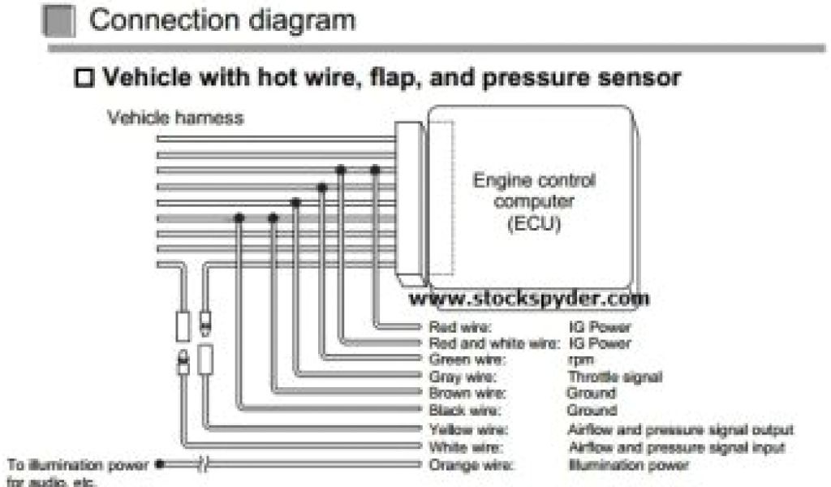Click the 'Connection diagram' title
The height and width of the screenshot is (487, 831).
coord(222,19)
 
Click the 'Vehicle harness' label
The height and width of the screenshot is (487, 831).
coord(175,118)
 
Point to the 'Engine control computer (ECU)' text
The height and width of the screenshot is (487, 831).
coord(533,201)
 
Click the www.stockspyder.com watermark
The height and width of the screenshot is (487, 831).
coord(528,299)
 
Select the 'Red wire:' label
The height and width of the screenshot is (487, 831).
coord(459,328)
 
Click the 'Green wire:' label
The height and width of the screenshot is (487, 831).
coord(467,359)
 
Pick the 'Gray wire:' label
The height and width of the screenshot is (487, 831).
coord(463,377)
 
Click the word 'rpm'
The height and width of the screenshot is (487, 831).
coord(581,360)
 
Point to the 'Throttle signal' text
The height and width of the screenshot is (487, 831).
coord(614,377)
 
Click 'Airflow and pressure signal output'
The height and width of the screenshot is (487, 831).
coord(680,429)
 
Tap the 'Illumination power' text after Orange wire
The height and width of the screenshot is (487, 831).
coord(628,465)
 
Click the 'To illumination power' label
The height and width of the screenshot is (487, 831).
coord(78,465)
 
